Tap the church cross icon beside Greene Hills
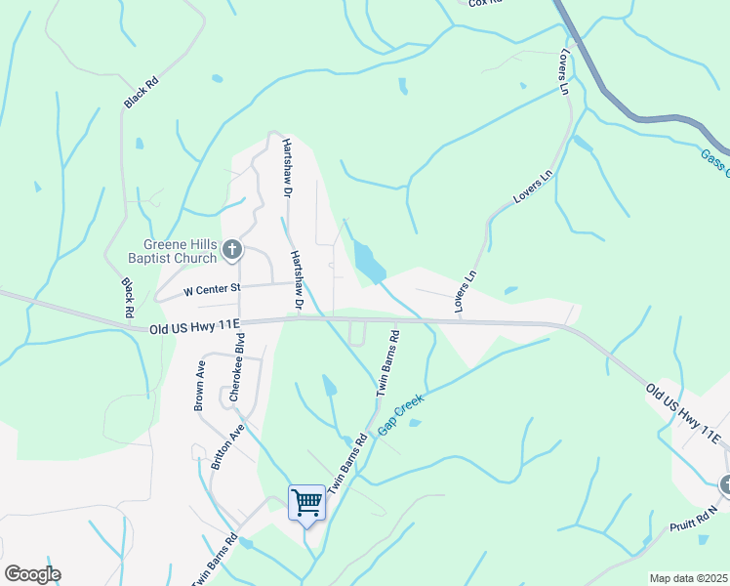(232, 250)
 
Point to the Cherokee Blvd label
(236, 367)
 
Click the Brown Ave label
(199, 385)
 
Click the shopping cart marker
(307, 503)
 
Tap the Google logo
(32, 574)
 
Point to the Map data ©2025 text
(688, 578)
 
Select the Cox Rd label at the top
(484, 3)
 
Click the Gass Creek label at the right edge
(715, 162)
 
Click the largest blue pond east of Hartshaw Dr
(369, 261)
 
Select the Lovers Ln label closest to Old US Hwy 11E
(465, 291)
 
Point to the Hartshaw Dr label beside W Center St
(296, 280)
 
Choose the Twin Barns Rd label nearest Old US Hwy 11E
(387, 361)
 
